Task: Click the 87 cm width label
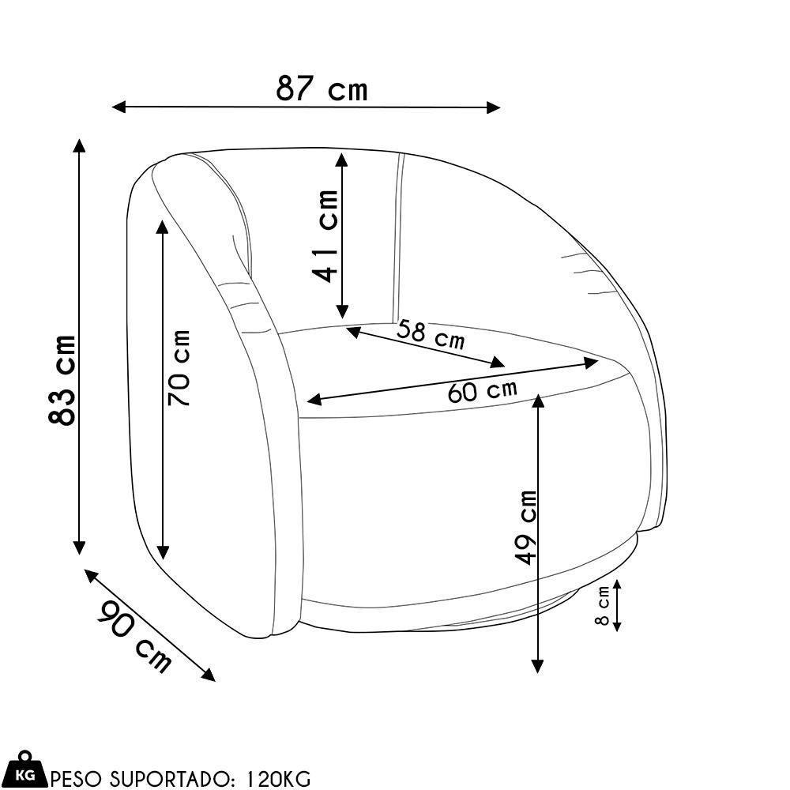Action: [322, 88]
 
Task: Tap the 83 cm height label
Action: [62, 380]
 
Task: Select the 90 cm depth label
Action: [134, 636]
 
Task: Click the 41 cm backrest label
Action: [325, 236]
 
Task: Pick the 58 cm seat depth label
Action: [431, 334]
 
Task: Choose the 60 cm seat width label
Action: [482, 390]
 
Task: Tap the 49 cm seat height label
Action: [525, 527]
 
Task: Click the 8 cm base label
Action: [603, 607]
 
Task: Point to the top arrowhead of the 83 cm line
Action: [78, 145]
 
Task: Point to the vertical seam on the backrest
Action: [398, 237]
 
